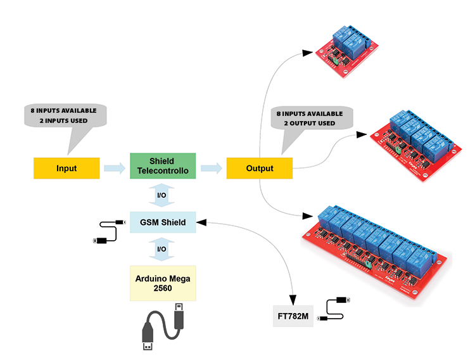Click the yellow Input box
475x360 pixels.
[66, 168]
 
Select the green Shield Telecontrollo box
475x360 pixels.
[161, 166]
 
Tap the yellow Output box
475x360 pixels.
[260, 168]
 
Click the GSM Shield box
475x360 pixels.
[163, 222]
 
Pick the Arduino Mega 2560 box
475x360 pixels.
[163, 283]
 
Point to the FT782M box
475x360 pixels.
[294, 316]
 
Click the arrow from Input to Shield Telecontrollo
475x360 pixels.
[114, 168]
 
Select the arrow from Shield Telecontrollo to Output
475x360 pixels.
[211, 168]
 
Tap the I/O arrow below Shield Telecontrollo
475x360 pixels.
[161, 195]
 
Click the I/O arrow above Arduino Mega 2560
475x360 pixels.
[161, 249]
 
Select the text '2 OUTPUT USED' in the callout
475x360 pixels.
[310, 123]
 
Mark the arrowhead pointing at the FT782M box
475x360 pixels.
[293, 299]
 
